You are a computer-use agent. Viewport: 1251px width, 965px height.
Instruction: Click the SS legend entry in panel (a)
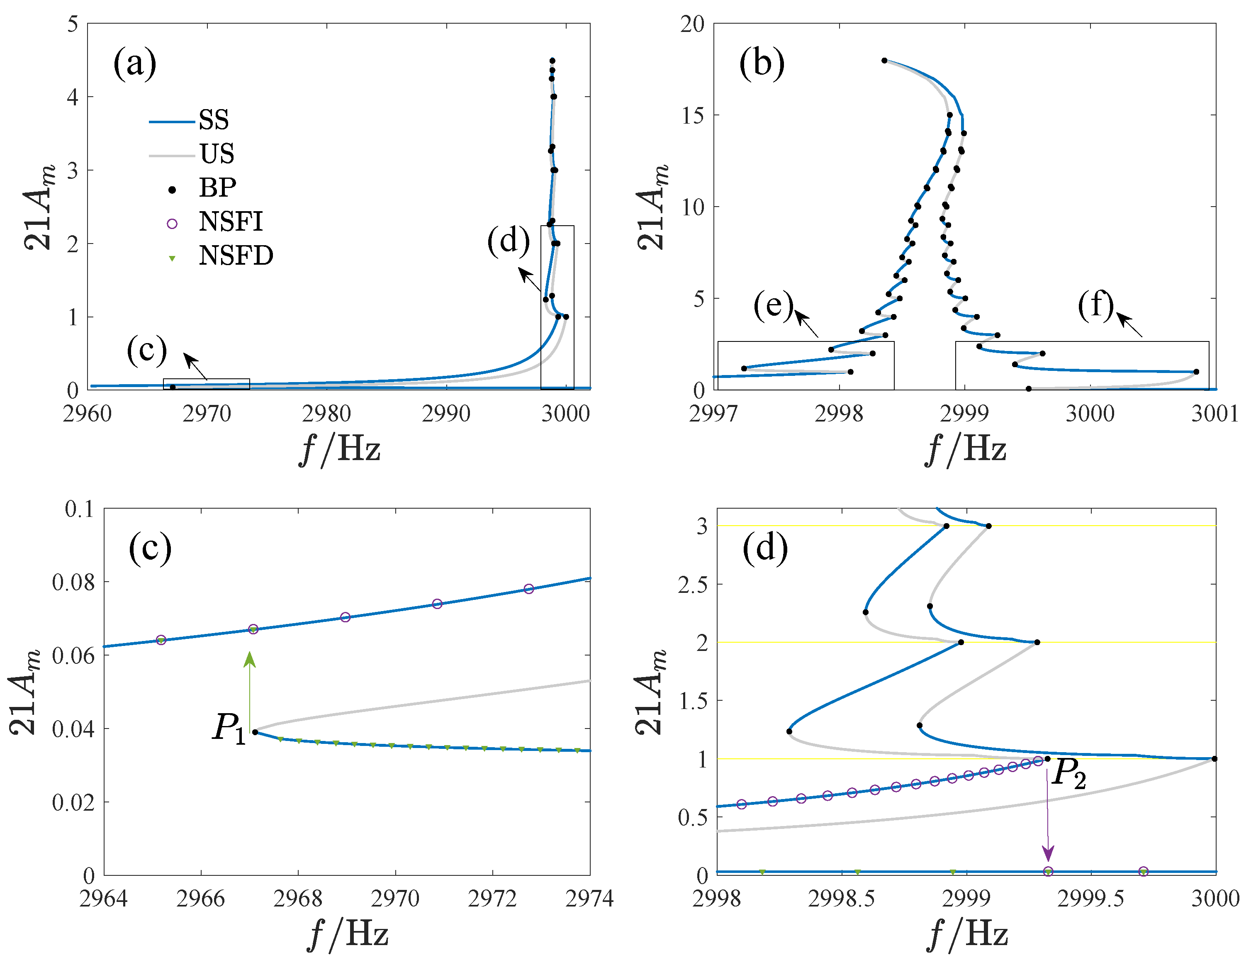point(213,120)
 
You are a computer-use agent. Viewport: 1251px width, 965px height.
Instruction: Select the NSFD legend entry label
point(236,256)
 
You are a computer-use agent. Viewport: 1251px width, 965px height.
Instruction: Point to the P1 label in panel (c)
point(229,729)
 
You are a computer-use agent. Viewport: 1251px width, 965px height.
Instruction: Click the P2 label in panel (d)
point(1069,774)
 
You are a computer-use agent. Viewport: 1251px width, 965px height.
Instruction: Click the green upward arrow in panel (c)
point(249,690)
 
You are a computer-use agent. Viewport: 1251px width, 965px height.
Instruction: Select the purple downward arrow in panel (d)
point(1048,814)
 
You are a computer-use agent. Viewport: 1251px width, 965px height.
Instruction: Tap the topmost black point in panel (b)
point(884,61)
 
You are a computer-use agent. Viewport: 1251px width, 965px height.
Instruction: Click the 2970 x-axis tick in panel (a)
point(207,414)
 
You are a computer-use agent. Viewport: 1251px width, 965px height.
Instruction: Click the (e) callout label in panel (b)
point(773,305)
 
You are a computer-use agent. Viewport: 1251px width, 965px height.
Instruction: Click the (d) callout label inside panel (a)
point(508,240)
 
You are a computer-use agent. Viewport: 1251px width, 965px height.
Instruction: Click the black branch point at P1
point(256,732)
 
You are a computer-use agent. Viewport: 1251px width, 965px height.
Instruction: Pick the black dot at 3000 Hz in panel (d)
point(1214,759)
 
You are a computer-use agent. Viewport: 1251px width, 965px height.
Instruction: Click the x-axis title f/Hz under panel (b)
point(966,449)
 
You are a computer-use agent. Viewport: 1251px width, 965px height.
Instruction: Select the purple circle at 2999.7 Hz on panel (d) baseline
point(1143,872)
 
